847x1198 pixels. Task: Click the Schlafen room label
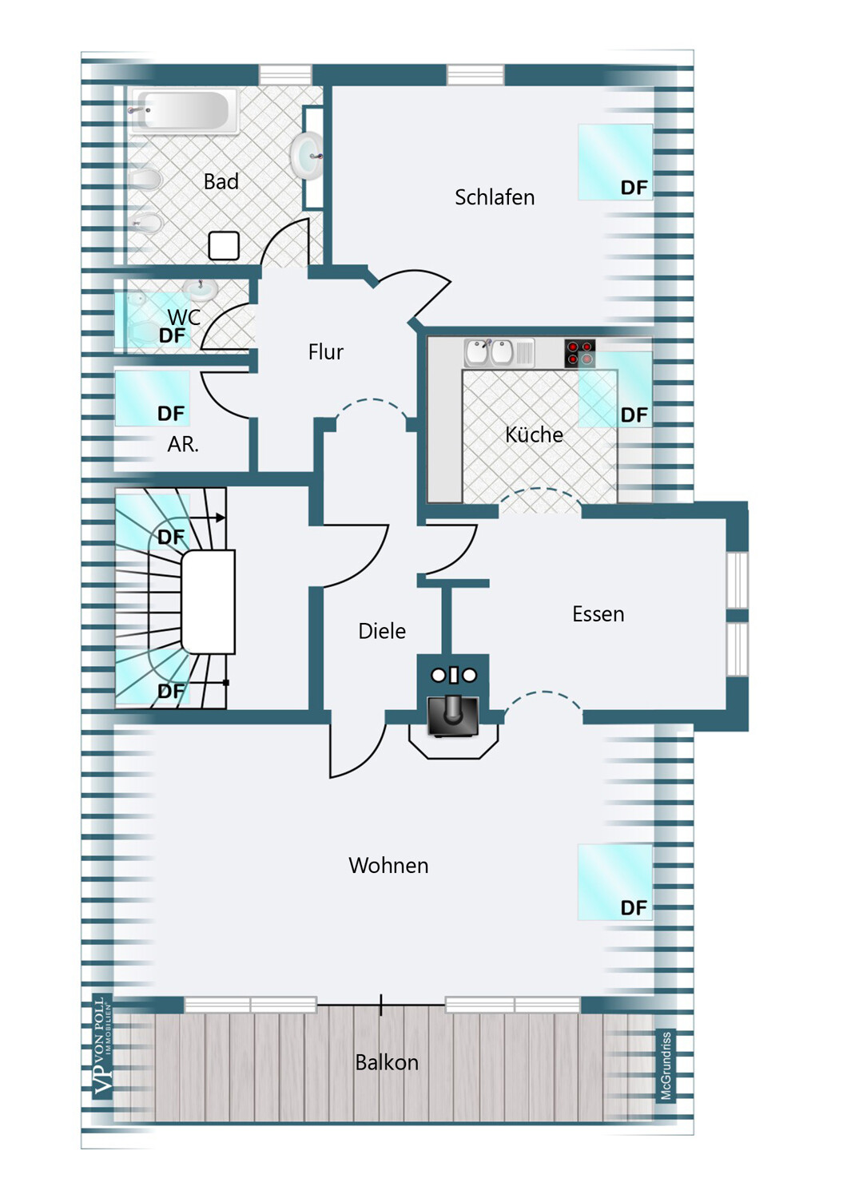point(495,197)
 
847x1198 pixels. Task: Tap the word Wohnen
point(388,865)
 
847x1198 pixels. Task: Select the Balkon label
point(387,1063)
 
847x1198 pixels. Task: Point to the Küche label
point(534,434)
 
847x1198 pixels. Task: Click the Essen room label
point(598,614)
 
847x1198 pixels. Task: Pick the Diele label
point(382,631)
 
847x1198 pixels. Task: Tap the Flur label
point(326,352)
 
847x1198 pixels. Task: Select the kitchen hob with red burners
point(579,353)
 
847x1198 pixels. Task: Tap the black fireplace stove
point(453,716)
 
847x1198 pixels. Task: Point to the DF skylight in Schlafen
point(615,162)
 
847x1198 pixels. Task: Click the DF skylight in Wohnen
point(615,883)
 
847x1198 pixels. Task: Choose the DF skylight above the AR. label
point(153,399)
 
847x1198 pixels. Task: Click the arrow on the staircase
point(204,518)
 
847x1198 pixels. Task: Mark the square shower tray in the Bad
point(224,246)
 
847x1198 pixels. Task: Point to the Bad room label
point(221,182)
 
